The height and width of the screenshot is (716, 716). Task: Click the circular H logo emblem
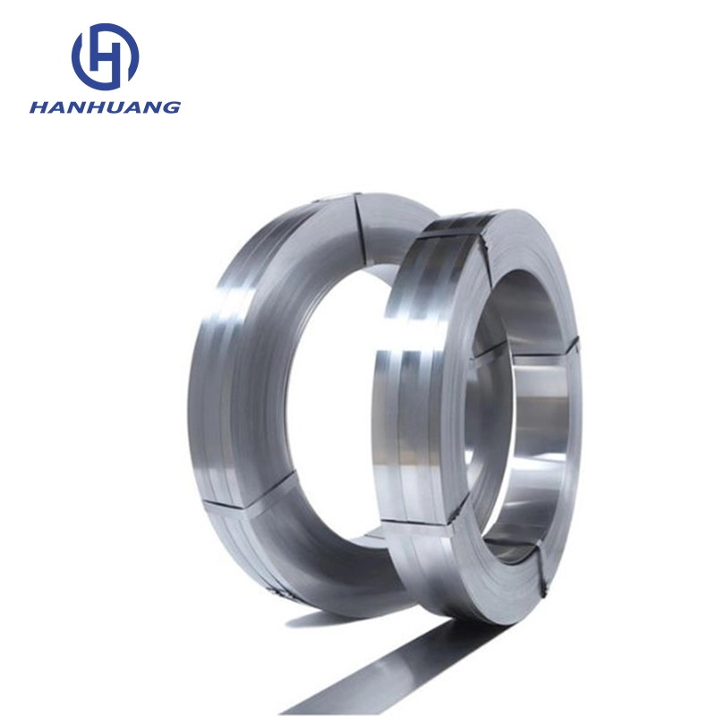point(105,56)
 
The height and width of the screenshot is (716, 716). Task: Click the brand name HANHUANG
point(105,107)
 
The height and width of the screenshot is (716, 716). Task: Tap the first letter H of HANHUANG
point(38,107)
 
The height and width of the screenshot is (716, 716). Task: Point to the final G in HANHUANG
point(172,107)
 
